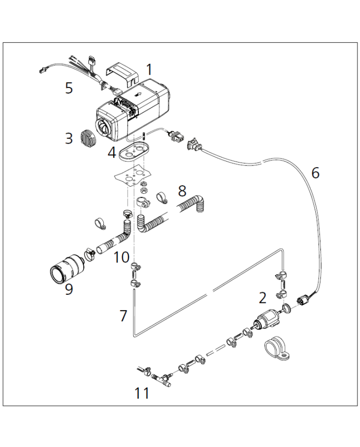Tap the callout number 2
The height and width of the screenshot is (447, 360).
tap(262, 297)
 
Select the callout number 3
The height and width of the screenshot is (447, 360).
tap(69, 138)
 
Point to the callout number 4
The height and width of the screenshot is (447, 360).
tap(112, 153)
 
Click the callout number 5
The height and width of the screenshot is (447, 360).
tap(69, 87)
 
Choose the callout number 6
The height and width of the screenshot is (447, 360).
tap(315, 173)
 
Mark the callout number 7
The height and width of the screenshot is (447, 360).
tap(123, 315)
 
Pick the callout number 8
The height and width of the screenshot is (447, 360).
tap(182, 191)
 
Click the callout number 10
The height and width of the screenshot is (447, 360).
tap(121, 257)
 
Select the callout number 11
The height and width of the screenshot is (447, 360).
tap(142, 393)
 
